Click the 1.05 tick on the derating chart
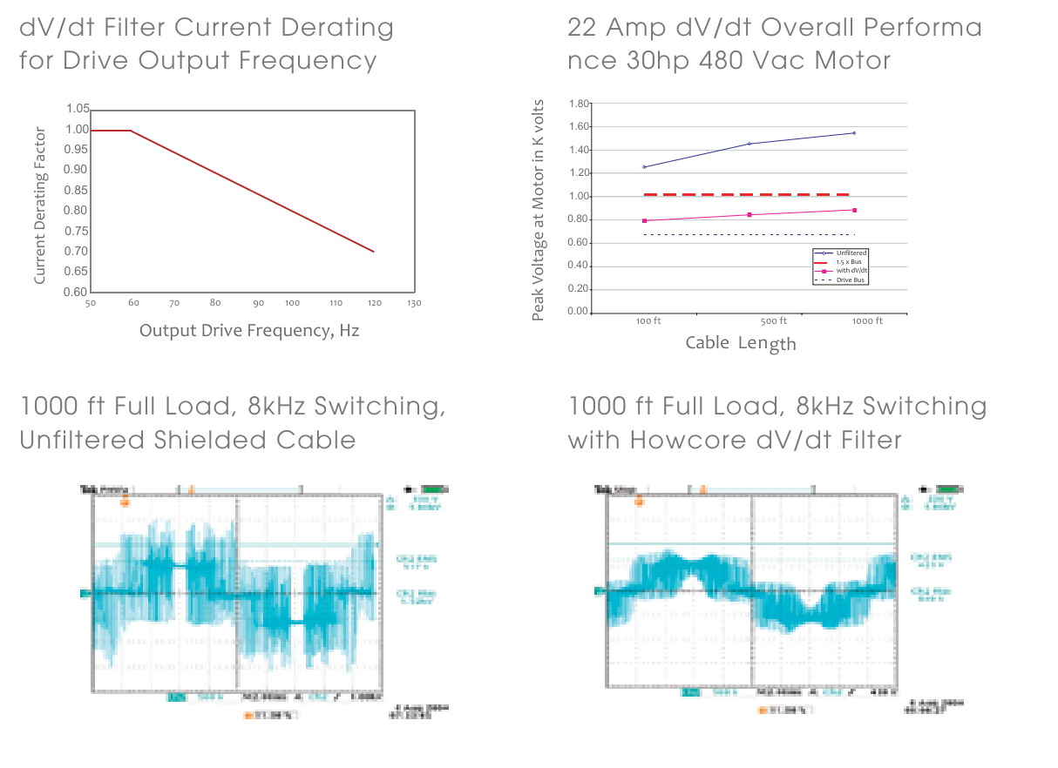pyautogui.click(x=77, y=109)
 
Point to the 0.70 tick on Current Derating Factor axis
pyautogui.click(x=77, y=252)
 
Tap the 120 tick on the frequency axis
pyautogui.click(x=373, y=303)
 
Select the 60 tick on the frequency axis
pyautogui.click(x=132, y=303)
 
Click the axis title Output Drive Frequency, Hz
pyautogui.click(x=249, y=331)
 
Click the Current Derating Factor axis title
pyautogui.click(x=39, y=205)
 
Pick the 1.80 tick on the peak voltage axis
pyautogui.click(x=579, y=104)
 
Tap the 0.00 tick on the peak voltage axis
pyautogui.click(x=579, y=313)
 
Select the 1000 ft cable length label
pyautogui.click(x=867, y=321)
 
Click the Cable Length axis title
pyautogui.click(x=741, y=343)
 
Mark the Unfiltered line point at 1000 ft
pyautogui.click(x=854, y=133)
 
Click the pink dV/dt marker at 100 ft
pyautogui.click(x=644, y=221)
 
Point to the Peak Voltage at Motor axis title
pyautogui.click(x=539, y=209)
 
